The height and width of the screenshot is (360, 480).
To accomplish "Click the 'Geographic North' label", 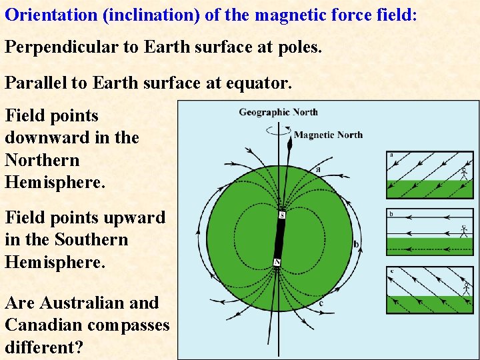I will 278,112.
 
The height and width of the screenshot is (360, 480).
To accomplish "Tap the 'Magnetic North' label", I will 328,135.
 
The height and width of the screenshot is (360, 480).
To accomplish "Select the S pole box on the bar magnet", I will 282,215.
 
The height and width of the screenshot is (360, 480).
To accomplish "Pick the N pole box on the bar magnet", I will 277,262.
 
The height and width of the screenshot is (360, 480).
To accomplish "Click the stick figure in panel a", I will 464,174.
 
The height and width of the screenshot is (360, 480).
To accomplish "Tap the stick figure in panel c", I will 465,289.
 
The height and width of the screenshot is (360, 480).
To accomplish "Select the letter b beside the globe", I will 356,245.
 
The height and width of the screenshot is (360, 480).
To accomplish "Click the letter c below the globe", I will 321,303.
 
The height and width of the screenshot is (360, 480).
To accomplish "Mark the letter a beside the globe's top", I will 318,169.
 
